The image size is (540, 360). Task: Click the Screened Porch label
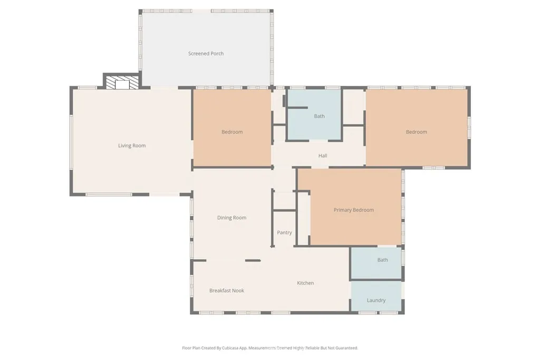click(206, 53)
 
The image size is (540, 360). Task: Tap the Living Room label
click(132, 145)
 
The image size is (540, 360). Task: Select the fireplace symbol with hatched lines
click(122, 83)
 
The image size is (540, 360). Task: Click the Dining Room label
click(232, 218)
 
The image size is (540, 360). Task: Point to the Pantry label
click(284, 232)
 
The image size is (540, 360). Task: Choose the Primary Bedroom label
click(354, 210)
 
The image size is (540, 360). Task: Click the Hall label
click(323, 155)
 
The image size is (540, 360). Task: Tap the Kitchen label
click(305, 283)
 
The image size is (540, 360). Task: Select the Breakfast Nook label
click(227, 290)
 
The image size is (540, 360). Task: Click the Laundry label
click(376, 300)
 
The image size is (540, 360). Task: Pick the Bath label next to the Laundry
click(383, 260)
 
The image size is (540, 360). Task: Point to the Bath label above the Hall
click(319, 116)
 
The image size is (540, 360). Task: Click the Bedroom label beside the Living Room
click(232, 132)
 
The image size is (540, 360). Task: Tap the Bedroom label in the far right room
click(417, 132)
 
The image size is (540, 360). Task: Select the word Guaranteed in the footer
click(348, 348)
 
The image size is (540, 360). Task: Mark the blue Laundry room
click(376, 296)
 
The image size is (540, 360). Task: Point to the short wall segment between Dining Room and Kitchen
click(253, 260)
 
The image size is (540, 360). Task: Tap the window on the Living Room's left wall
click(71, 142)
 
